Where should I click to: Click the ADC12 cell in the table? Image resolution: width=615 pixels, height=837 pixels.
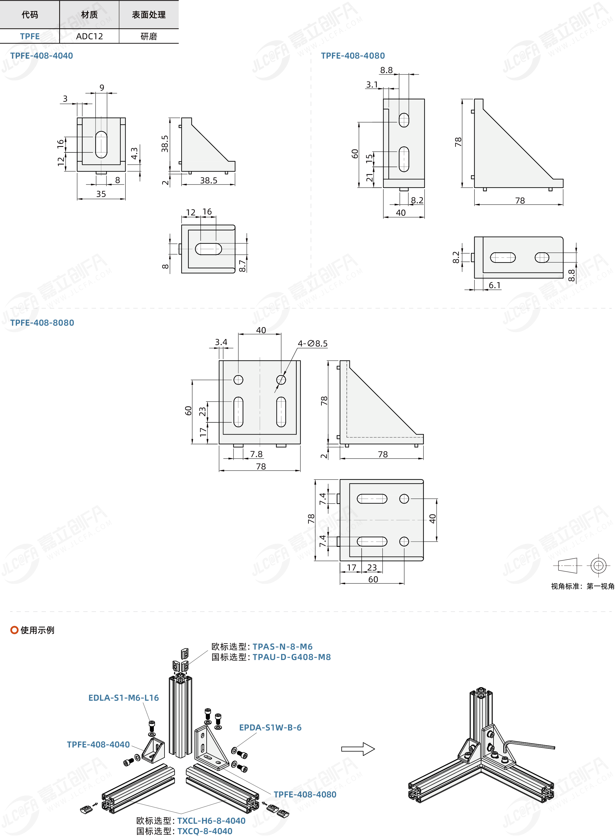coord(89,36)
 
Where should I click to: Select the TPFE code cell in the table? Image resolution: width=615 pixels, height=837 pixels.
coord(30,36)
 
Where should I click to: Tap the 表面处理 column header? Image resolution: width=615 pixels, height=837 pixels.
coord(149,14)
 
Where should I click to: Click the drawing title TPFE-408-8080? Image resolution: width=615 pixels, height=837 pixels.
coord(42,323)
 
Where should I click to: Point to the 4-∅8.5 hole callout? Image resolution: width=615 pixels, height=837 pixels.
coord(313,343)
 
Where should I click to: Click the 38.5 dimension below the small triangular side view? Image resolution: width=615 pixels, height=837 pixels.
coord(208,180)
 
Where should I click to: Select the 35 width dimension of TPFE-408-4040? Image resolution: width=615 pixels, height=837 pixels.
coord(101,194)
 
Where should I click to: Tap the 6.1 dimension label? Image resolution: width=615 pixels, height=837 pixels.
coord(495,285)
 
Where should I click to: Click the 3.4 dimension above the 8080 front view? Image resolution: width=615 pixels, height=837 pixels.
coord(221,342)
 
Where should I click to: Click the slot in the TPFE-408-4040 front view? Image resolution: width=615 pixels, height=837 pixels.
coord(101,144)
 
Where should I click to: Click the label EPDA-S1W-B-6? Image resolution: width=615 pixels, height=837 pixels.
coord(270,727)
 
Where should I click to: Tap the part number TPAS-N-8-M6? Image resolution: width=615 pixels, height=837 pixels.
coord(283,646)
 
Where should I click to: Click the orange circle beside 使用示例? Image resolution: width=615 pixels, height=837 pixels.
coord(14,630)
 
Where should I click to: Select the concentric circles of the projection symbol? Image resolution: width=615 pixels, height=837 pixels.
coord(598,566)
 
